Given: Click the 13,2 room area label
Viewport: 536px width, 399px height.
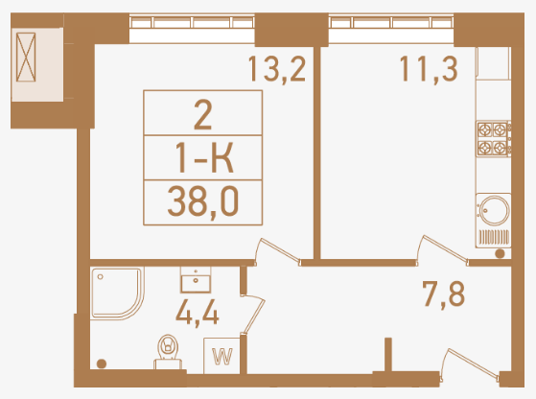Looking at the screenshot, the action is (277, 69).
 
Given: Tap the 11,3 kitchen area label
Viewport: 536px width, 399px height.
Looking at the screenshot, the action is (429, 69).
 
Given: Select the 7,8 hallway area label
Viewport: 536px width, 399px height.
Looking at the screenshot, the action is (443, 294).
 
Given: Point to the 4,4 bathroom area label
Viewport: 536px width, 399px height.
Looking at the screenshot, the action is (197, 314).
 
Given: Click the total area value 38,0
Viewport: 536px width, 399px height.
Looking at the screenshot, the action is (203, 202).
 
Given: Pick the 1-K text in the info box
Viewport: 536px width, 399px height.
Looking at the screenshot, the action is (204, 158).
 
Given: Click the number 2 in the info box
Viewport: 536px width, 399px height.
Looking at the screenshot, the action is (202, 115).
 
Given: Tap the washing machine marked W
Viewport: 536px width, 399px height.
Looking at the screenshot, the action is (221, 356).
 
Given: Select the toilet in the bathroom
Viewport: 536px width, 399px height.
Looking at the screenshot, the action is (168, 352).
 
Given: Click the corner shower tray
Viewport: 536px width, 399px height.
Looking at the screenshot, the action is (117, 293).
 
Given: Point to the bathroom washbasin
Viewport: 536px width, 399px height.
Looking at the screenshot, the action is (196, 280).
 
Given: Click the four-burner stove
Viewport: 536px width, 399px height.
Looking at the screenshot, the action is (493, 138).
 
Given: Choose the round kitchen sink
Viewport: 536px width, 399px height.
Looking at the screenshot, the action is (494, 210).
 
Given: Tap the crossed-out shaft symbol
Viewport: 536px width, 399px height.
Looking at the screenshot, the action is (26, 58).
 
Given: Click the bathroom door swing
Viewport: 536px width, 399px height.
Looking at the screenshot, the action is (253, 314).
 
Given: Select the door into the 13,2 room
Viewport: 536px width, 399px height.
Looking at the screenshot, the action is (277, 252).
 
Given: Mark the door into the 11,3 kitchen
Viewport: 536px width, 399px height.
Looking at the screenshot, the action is (442, 250).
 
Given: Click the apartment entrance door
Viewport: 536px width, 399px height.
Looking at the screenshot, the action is (470, 365).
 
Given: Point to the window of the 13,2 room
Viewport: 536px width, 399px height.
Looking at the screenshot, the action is (192, 29).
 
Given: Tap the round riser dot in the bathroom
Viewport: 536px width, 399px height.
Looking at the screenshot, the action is (102, 364).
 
